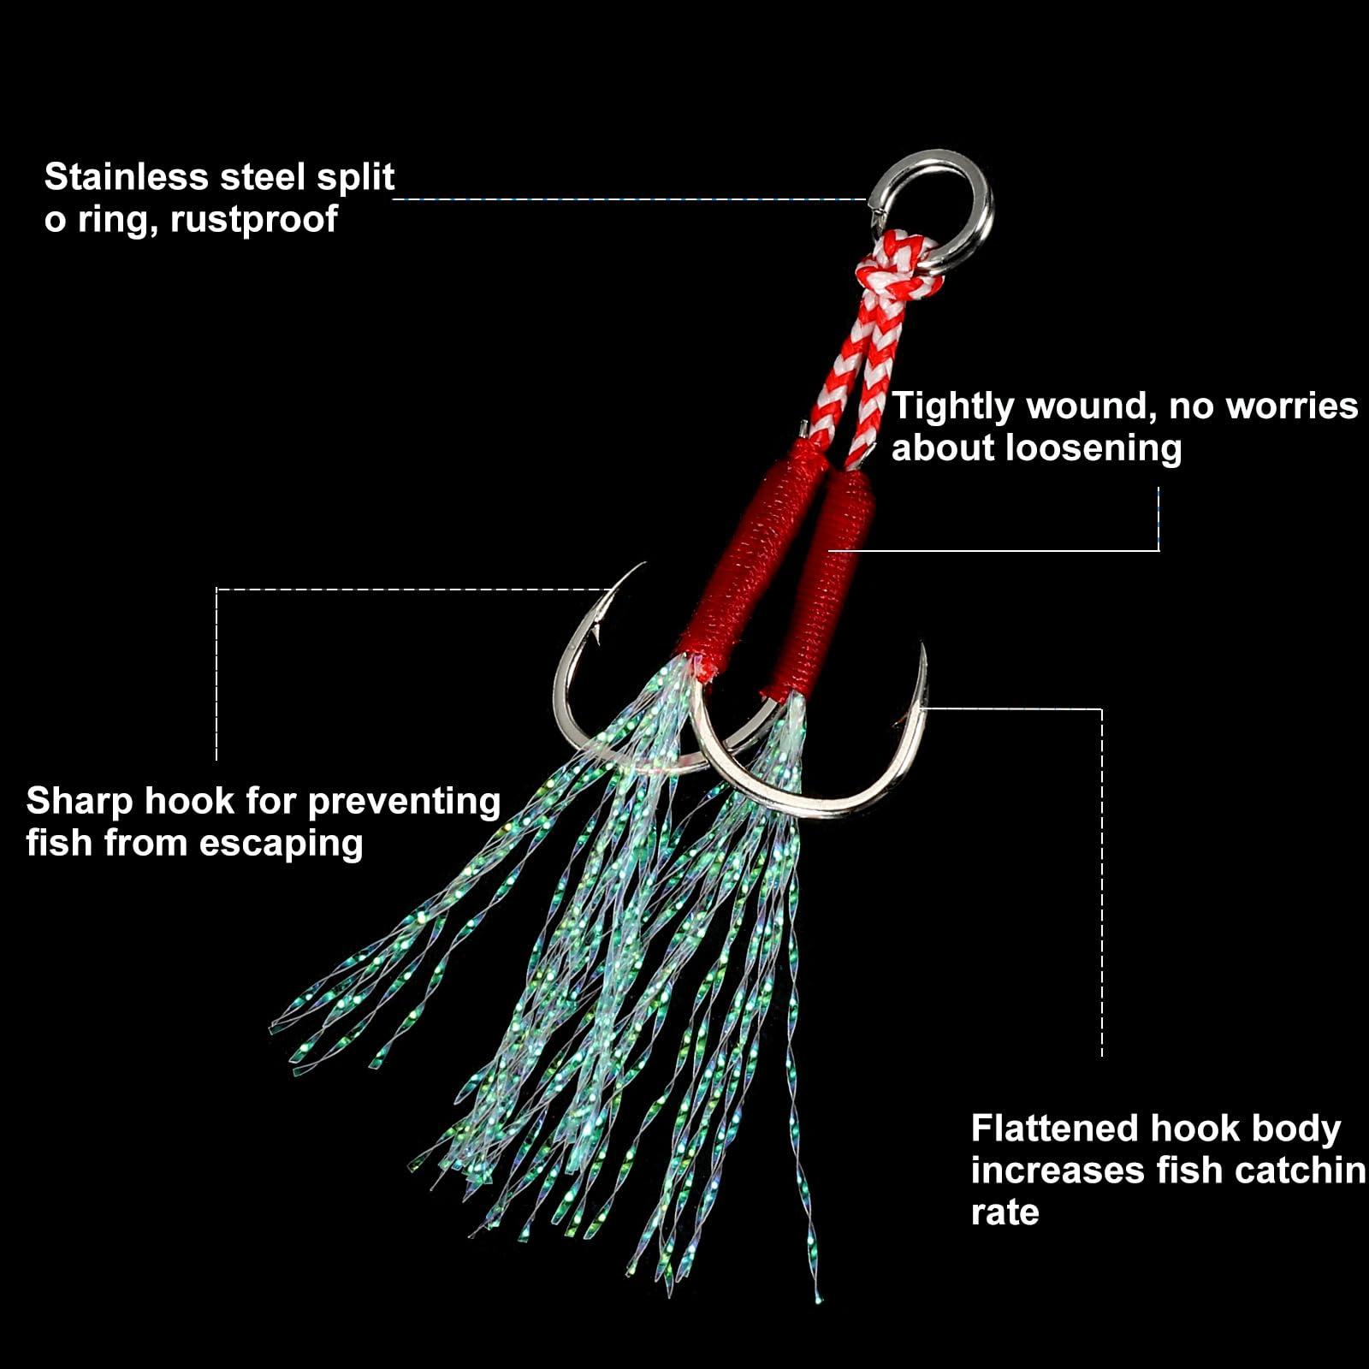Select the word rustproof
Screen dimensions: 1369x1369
click(254, 219)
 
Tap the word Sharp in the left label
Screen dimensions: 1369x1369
click(79, 802)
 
